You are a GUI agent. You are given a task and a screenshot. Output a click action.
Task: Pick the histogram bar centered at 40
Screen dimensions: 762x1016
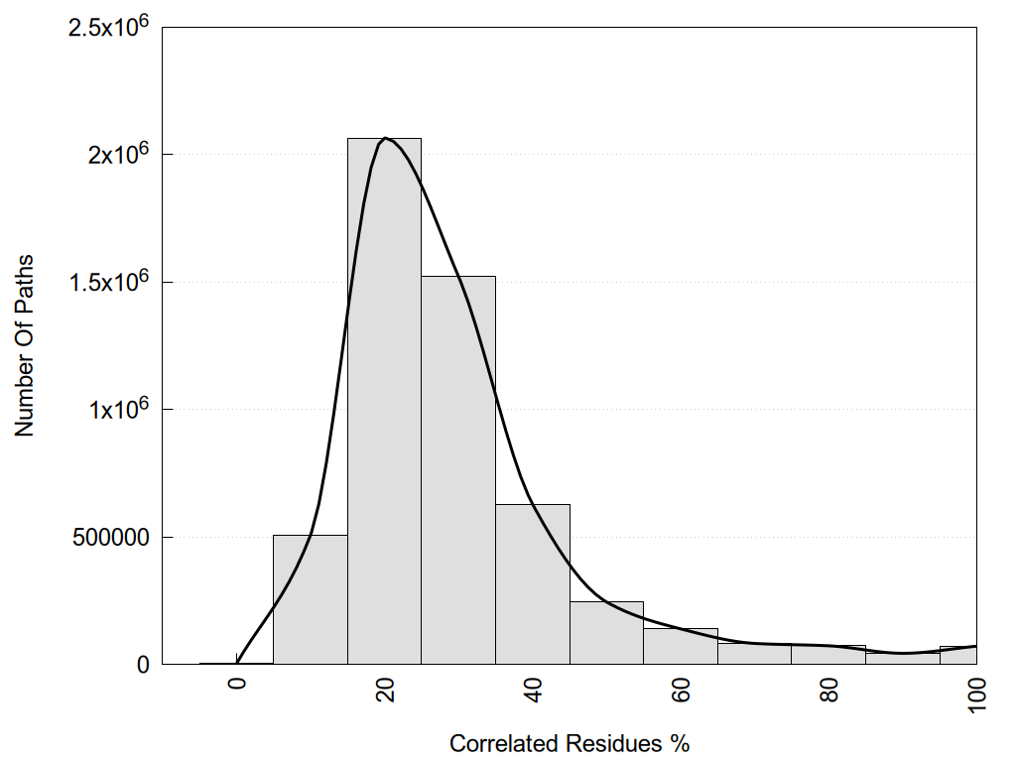click(533, 584)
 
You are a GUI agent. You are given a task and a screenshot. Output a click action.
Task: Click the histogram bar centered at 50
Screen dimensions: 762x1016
click(606, 633)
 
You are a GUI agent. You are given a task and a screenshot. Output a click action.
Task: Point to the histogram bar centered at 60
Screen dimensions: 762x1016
click(681, 647)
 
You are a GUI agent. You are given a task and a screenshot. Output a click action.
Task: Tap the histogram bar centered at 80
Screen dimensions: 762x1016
click(828, 655)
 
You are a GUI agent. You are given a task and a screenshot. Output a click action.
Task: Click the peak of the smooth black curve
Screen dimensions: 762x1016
click(385, 138)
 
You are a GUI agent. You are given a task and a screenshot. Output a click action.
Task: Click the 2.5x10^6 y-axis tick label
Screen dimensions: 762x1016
click(108, 28)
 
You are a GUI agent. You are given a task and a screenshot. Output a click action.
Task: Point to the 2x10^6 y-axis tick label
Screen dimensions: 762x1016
click(117, 155)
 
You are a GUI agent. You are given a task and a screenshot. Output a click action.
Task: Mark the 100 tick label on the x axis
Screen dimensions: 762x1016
click(976, 694)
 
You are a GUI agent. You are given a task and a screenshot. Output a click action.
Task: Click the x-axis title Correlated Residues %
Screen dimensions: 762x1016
click(569, 743)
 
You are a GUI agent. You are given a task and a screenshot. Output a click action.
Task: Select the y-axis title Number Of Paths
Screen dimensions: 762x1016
click(25, 345)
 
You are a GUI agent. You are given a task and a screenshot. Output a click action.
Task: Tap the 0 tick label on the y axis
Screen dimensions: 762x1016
click(142, 665)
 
